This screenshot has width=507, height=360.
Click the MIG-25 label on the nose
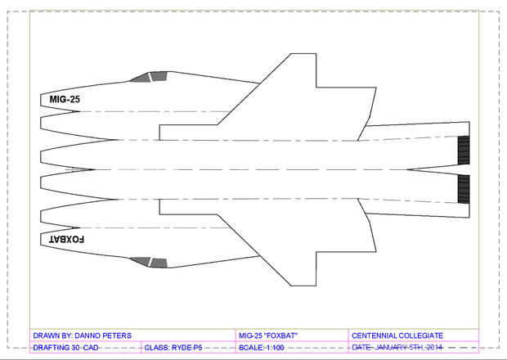[x=65, y=99]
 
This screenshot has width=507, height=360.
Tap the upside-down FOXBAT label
[x=66, y=240]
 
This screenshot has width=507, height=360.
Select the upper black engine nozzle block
[x=464, y=150]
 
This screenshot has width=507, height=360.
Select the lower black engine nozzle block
[x=464, y=189]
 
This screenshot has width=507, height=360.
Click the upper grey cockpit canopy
[x=150, y=77]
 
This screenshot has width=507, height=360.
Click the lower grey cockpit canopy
[x=150, y=263]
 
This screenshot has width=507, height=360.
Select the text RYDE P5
[x=187, y=348]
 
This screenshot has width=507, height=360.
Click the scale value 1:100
[x=275, y=348]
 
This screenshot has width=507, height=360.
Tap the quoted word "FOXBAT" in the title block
[x=280, y=335]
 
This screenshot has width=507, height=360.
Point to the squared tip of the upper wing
[x=303, y=54]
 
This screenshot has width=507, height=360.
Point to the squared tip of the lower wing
[x=303, y=286]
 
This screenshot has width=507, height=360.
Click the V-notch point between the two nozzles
[x=407, y=169]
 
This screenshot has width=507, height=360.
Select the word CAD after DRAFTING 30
[x=91, y=348]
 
